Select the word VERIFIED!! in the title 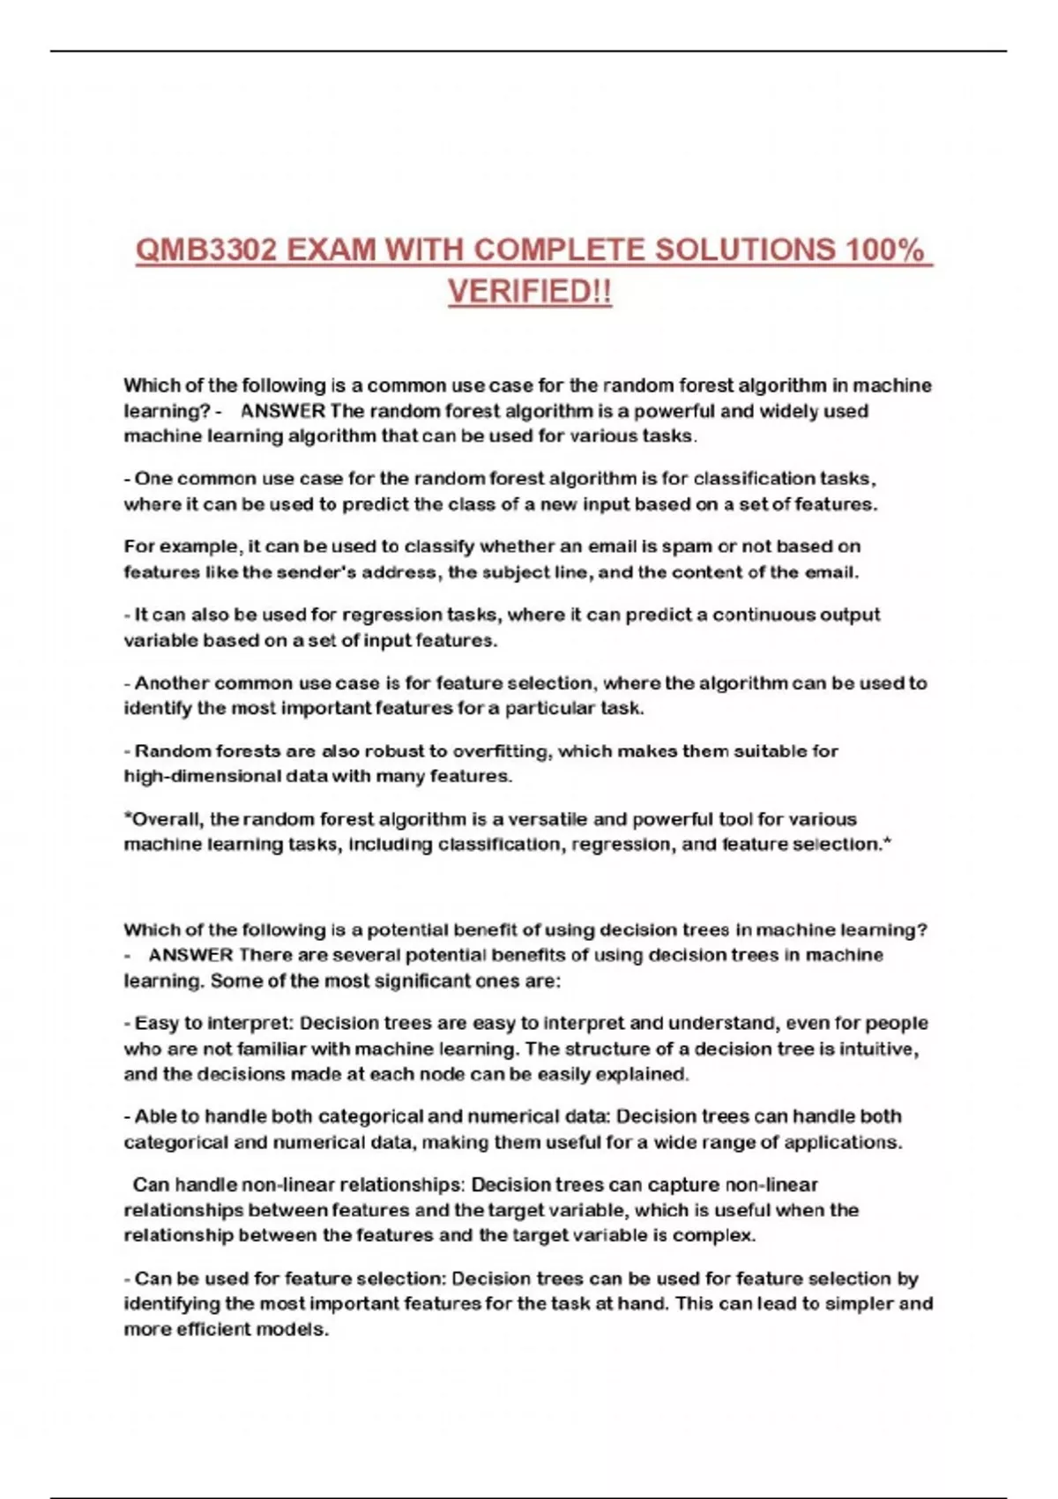pyautogui.click(x=529, y=292)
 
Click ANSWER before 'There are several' pyautogui.click(x=190, y=955)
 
